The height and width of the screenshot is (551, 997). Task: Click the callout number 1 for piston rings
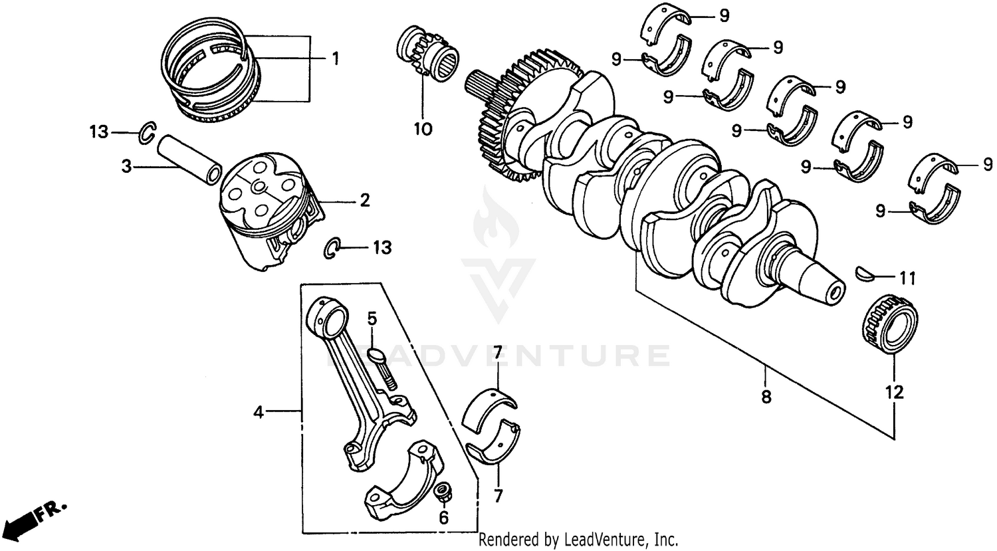point(335,59)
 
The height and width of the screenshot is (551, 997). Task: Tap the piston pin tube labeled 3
point(188,159)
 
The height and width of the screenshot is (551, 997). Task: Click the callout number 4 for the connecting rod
point(259,413)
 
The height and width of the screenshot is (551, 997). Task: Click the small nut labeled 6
point(441,493)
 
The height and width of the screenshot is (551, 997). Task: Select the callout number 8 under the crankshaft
point(766,397)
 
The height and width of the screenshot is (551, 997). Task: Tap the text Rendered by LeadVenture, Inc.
point(578,539)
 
